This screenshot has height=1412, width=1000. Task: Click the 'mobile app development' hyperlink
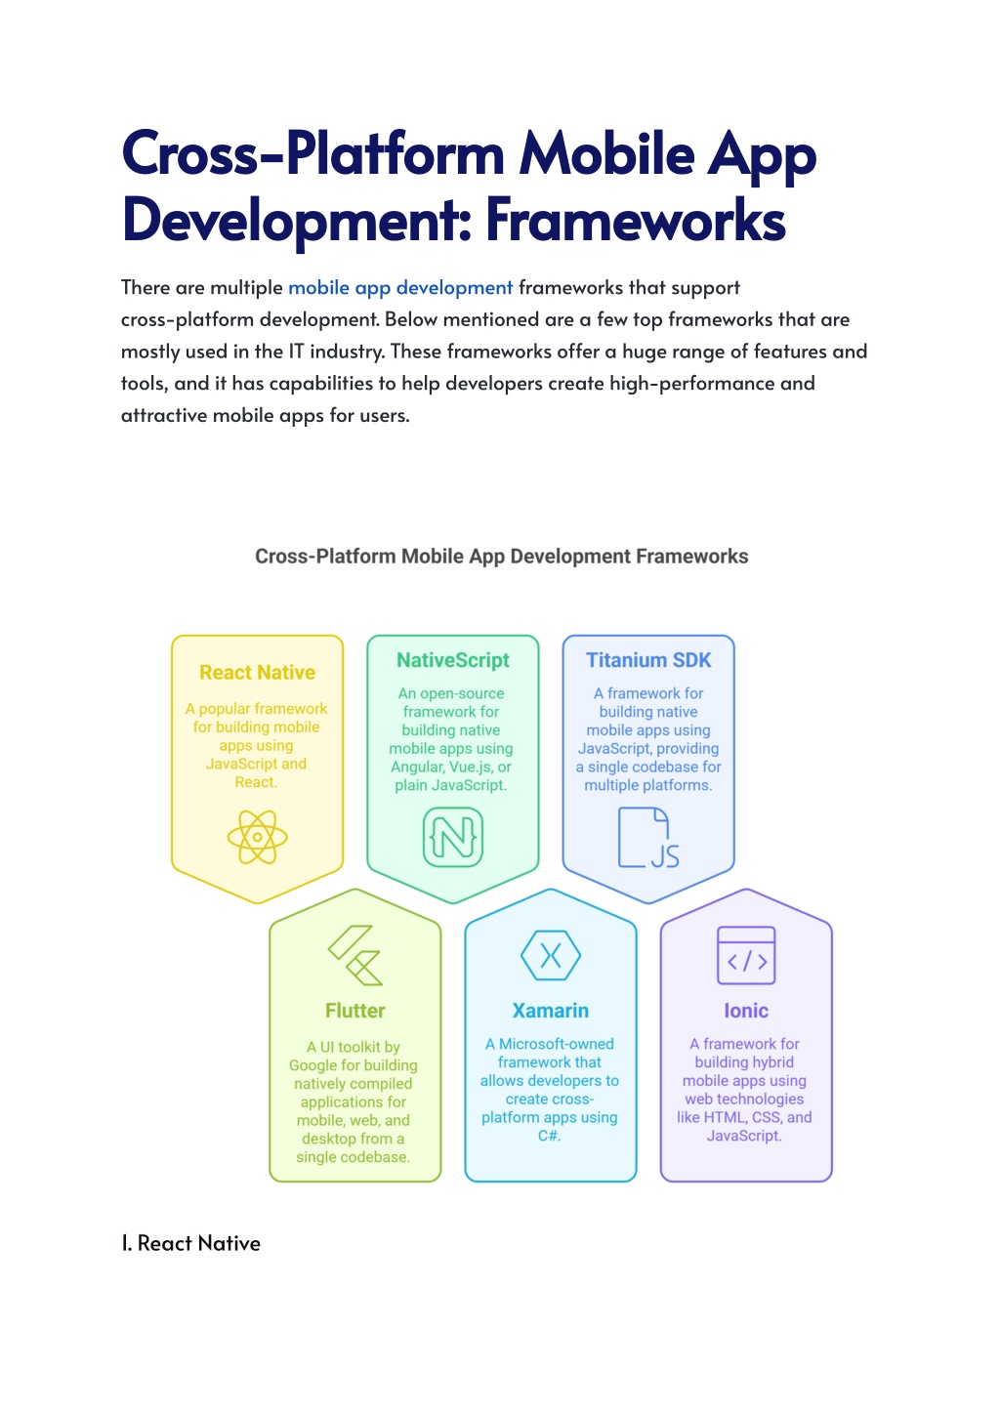click(x=400, y=287)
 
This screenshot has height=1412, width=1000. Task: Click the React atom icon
click(x=257, y=837)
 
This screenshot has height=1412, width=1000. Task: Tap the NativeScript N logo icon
click(x=453, y=837)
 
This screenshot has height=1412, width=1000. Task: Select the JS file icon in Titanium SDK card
click(x=648, y=837)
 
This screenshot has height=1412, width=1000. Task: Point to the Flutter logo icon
click(x=355, y=955)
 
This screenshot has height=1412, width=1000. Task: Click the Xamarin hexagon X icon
click(x=551, y=955)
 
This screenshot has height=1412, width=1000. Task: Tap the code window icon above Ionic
click(x=746, y=955)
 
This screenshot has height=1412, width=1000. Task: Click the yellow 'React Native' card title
click(x=257, y=673)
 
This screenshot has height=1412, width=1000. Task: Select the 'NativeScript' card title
click(x=453, y=660)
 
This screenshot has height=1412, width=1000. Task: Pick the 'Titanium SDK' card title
click(x=648, y=660)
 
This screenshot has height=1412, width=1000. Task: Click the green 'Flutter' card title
click(x=355, y=1011)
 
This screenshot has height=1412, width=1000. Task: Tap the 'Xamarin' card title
click(x=551, y=1011)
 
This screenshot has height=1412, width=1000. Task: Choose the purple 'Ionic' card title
click(x=746, y=1011)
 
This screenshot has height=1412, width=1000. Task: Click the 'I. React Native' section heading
click(x=190, y=1243)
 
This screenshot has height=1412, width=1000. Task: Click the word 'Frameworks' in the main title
click(x=636, y=220)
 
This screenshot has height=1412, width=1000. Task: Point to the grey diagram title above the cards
click(x=501, y=556)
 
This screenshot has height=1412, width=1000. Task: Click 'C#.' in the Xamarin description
click(x=549, y=1136)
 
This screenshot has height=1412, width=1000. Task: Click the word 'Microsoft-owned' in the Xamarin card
click(x=556, y=1044)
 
